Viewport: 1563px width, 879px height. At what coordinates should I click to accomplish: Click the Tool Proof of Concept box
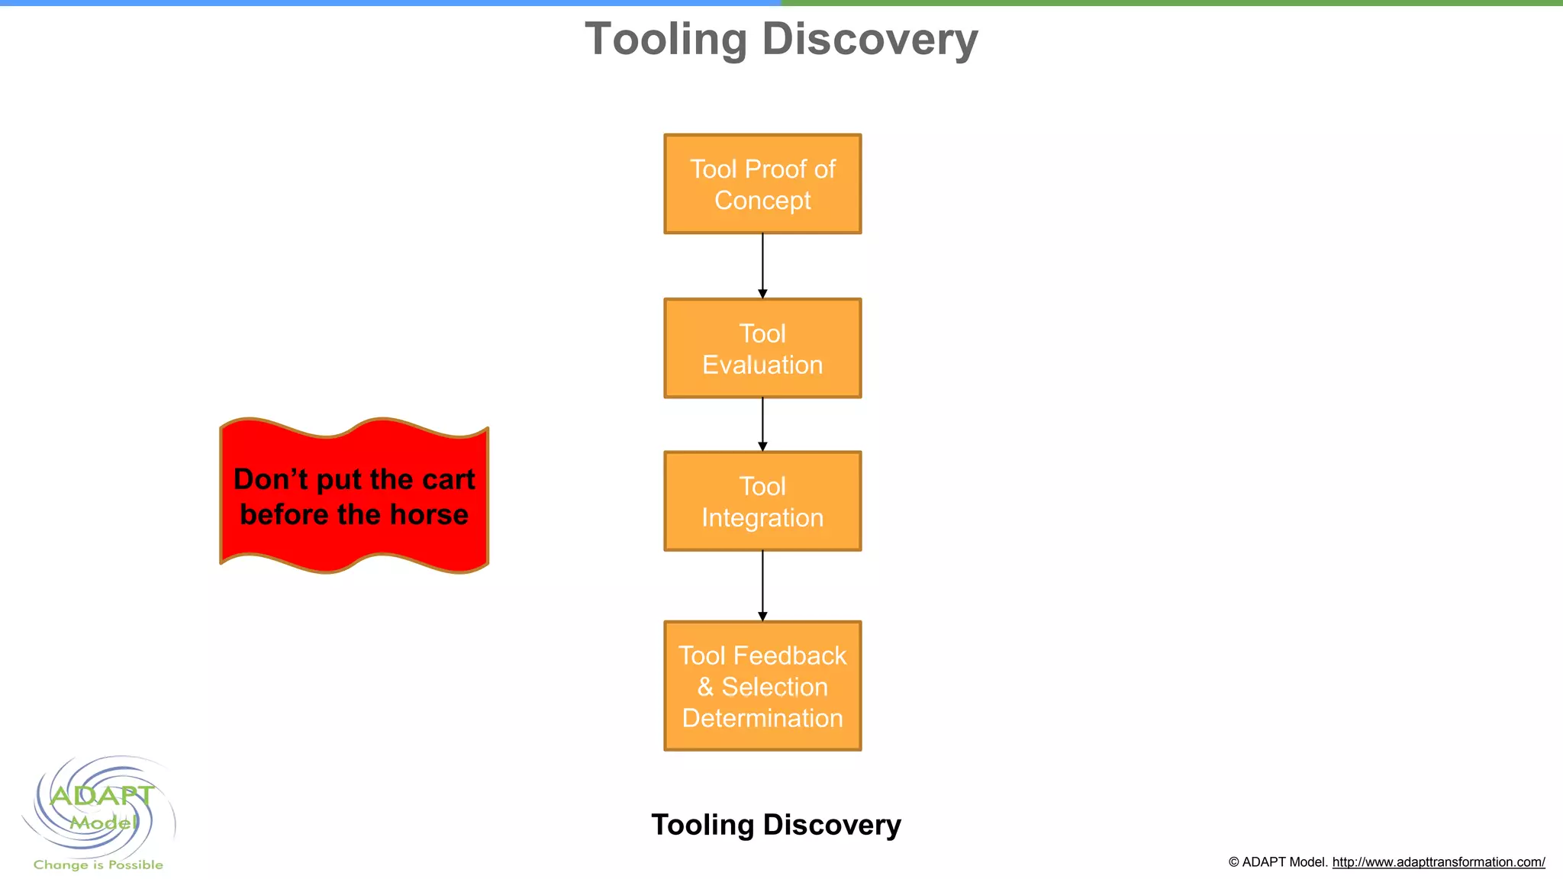pos(762,184)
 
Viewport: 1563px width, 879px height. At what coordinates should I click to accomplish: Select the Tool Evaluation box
pos(762,348)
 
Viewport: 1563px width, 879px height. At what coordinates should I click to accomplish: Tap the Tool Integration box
pos(762,501)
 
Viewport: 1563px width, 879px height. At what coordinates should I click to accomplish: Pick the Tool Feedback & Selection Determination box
pos(762,686)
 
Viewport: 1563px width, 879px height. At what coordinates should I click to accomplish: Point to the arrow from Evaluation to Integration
pos(762,424)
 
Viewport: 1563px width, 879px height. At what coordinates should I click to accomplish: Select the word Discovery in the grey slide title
pos(869,39)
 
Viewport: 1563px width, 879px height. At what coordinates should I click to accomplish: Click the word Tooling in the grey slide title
pos(665,39)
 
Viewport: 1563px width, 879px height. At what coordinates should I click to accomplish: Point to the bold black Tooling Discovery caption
pos(776,825)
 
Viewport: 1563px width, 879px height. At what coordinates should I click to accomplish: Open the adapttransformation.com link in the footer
pos(1438,862)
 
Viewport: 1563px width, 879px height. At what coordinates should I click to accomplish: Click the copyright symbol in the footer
pos(1233,862)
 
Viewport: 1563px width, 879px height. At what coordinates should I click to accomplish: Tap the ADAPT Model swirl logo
pos(100,807)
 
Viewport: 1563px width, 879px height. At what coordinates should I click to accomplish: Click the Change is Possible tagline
pos(98,865)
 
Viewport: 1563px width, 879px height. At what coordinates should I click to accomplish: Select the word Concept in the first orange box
pos(762,201)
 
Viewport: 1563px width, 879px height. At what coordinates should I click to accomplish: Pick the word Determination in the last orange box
pos(762,718)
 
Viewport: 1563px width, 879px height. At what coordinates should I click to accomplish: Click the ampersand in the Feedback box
pos(705,687)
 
